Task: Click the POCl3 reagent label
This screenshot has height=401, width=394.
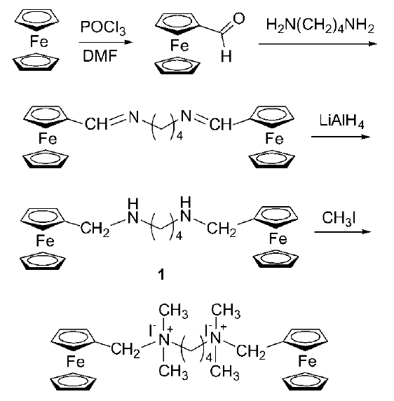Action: click(103, 28)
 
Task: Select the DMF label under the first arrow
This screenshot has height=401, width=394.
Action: click(100, 56)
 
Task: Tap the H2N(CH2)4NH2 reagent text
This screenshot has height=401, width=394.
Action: click(320, 26)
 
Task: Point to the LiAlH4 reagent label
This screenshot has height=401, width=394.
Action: click(341, 121)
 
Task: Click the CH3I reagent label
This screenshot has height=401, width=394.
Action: click(339, 219)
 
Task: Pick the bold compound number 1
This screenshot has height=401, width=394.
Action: click(161, 275)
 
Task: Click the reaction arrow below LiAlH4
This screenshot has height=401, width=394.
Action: click(341, 137)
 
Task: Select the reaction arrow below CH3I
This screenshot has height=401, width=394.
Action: click(342, 232)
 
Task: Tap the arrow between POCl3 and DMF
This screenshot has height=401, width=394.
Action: click(106, 42)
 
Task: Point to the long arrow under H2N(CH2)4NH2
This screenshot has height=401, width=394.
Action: click(318, 44)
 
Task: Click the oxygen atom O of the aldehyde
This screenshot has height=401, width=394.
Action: click(239, 19)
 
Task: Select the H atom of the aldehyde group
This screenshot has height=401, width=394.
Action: click(226, 56)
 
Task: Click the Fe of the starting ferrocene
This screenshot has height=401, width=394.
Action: click(39, 41)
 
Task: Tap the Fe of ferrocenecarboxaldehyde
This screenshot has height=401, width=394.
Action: click(179, 46)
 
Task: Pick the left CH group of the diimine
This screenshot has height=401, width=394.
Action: click(96, 124)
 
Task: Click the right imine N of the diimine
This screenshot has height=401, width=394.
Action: click(186, 116)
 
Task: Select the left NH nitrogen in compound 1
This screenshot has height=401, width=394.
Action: click(133, 218)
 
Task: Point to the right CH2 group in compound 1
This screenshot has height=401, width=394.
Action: click(222, 229)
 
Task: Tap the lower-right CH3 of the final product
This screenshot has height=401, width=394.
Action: click(225, 372)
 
